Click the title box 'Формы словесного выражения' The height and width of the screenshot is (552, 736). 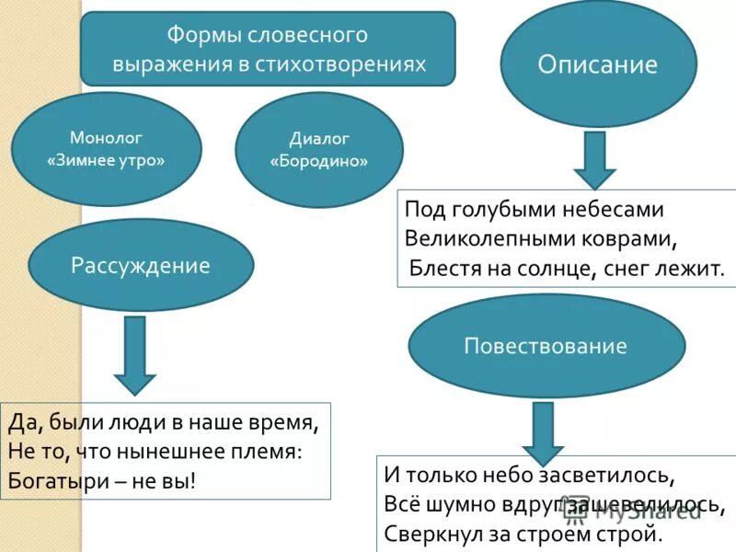click(268, 49)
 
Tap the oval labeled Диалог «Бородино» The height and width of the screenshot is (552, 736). click(319, 150)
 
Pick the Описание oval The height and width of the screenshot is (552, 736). click(598, 64)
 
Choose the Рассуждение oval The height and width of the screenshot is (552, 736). click(141, 266)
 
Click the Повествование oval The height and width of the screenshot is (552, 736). click(546, 346)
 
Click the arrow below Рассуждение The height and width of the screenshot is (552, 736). click(135, 355)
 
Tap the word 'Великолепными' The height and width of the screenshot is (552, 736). click(477, 238)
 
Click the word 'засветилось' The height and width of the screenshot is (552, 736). click(613, 476)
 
